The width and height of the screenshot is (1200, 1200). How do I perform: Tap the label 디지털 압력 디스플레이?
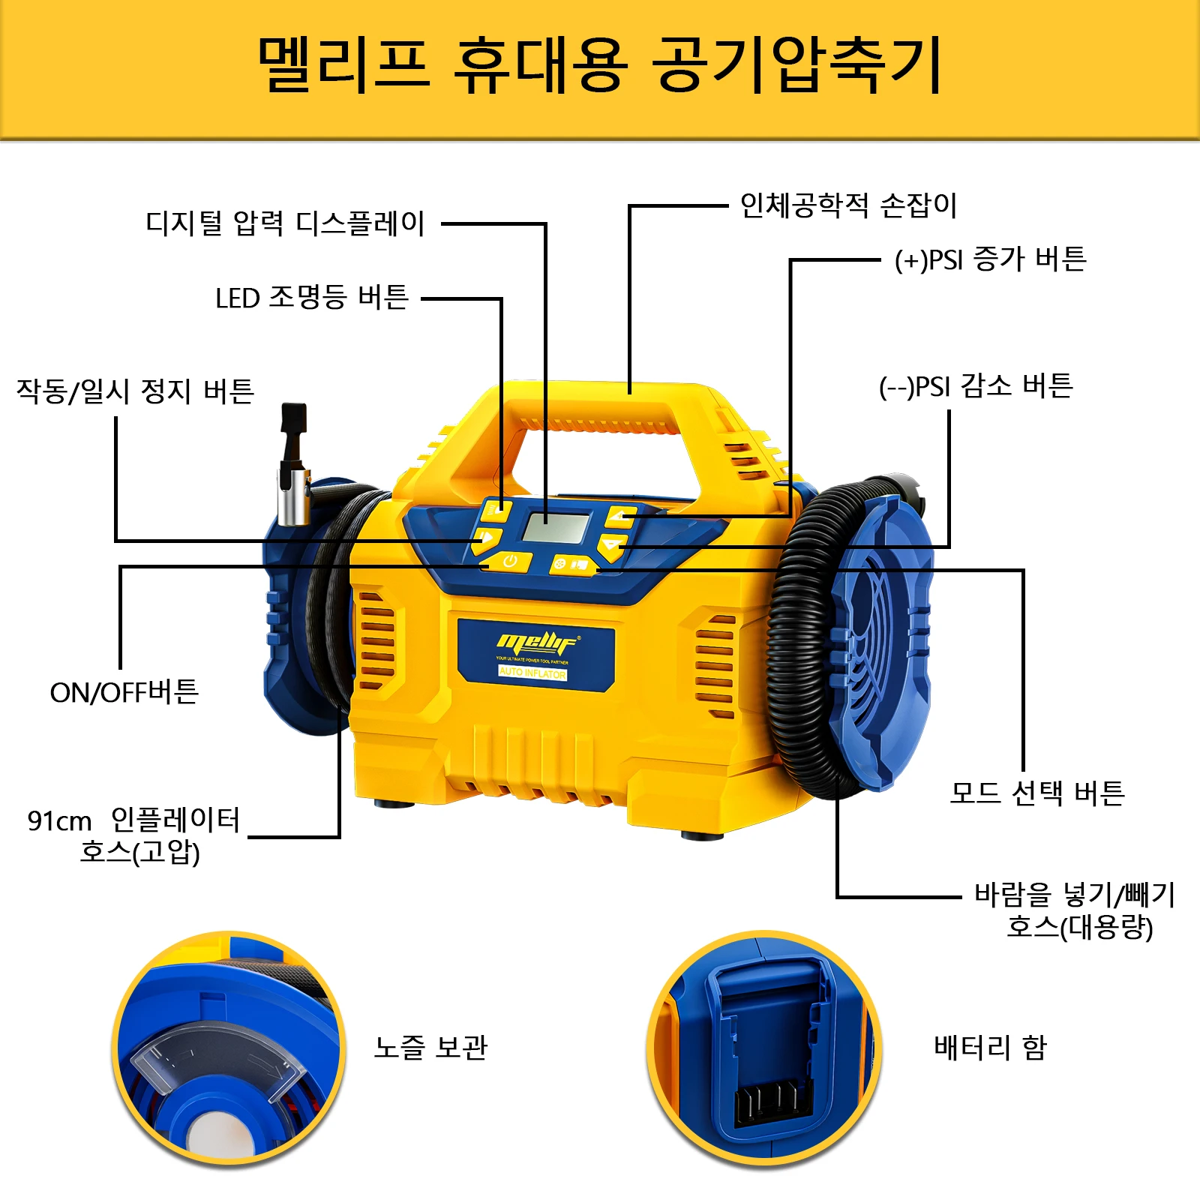285,223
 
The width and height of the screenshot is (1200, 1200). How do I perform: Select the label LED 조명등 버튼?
311,298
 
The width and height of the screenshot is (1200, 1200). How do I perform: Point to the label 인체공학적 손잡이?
848,205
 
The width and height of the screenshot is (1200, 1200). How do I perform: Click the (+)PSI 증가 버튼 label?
990,259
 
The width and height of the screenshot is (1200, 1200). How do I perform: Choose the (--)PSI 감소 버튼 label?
976,386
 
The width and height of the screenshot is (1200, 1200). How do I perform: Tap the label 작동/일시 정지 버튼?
135,391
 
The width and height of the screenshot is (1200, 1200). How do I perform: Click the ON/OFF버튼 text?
124,691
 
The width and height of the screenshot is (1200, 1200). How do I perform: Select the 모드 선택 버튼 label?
1036,793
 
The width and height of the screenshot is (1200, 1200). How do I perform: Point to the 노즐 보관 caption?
430,1047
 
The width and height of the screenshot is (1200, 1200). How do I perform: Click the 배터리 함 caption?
990,1047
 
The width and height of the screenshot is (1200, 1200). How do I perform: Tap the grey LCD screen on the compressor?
556,527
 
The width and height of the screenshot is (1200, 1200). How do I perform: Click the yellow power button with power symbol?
509,561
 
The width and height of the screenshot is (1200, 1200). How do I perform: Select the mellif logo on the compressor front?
537,643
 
